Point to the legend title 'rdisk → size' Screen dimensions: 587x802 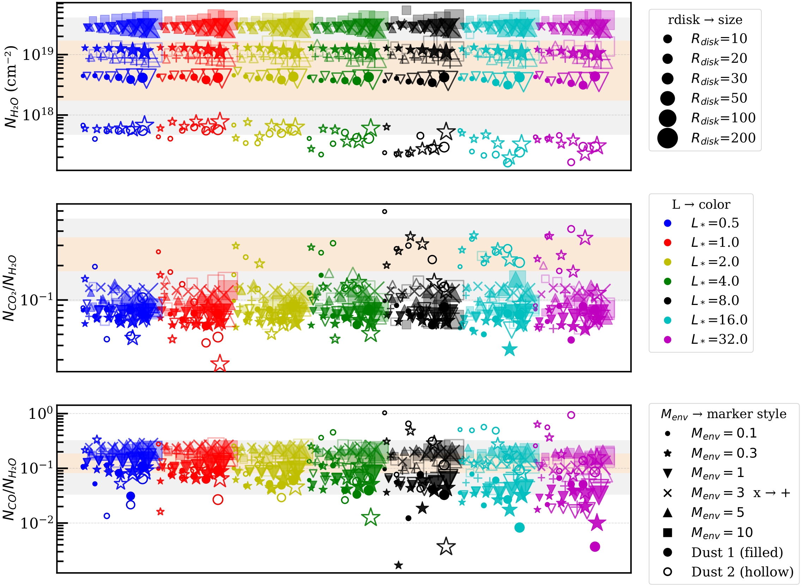pyautogui.click(x=705, y=20)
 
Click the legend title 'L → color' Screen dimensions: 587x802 pyautogui.click(x=701, y=205)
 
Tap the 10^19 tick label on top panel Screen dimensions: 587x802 pyautogui.click(x=38, y=54)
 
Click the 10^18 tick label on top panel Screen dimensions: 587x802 pyautogui.click(x=38, y=115)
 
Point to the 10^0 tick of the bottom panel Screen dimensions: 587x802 pyautogui.click(x=41, y=414)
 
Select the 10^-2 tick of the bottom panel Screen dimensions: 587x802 pyautogui.click(x=37, y=523)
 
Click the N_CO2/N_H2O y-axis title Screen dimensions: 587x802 pyautogui.click(x=10, y=288)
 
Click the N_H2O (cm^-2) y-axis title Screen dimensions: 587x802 pyautogui.click(x=11, y=87)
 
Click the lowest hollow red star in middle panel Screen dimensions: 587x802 pyautogui.click(x=220, y=363)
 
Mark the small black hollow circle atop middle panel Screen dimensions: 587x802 pyautogui.click(x=384, y=212)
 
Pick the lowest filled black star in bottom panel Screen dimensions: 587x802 pyautogui.click(x=398, y=565)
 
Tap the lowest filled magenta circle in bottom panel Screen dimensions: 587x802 pyautogui.click(x=595, y=547)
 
